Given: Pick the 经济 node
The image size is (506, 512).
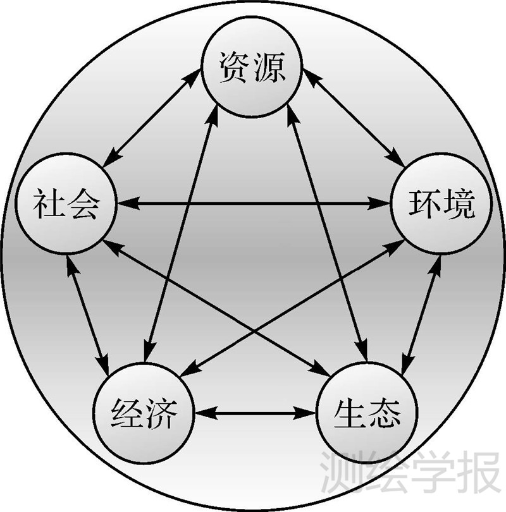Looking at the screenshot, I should click(143, 414).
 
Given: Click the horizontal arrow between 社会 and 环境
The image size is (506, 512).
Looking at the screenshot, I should click(253, 204).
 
